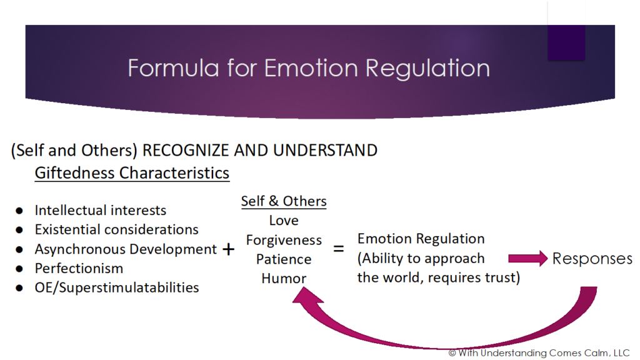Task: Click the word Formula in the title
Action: (174, 67)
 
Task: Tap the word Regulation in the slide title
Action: (427, 69)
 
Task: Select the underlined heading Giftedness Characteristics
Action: (132, 173)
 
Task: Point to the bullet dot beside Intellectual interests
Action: (19, 211)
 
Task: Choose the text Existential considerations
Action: (116, 229)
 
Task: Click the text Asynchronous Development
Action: (126, 249)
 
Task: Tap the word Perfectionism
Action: (79, 268)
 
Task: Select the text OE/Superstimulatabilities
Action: (117, 287)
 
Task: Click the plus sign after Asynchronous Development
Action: (229, 249)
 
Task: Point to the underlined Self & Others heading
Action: (284, 201)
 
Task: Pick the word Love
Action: (284, 221)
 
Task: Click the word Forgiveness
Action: (284, 240)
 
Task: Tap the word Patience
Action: (284, 259)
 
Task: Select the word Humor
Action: (284, 278)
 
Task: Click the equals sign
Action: (338, 248)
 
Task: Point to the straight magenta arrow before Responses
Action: (527, 258)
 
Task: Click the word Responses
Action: (592, 258)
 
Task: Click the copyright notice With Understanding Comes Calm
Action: (539, 353)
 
